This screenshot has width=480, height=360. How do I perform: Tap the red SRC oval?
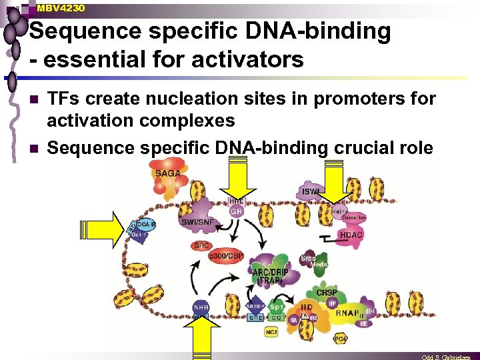pyautogui.click(x=201, y=245)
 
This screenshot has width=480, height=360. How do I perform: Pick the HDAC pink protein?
pyautogui.click(x=351, y=235)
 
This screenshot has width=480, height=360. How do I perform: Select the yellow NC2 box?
pyautogui.click(x=271, y=331)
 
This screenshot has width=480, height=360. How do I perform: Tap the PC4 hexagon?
pyautogui.click(x=340, y=339)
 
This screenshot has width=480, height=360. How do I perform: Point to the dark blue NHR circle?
pyautogui.click(x=201, y=307)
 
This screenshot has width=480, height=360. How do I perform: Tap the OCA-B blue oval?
pyautogui.click(x=146, y=224)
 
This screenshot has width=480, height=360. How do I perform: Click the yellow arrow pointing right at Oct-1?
pyautogui.click(x=99, y=229)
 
